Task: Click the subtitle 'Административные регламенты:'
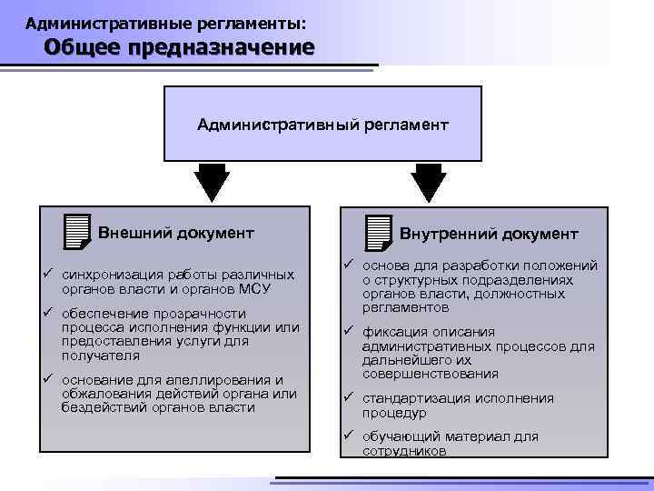click(x=166, y=20)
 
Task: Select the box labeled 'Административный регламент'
click(x=322, y=123)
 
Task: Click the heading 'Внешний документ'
click(x=175, y=233)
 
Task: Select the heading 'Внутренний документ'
click(x=489, y=235)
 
